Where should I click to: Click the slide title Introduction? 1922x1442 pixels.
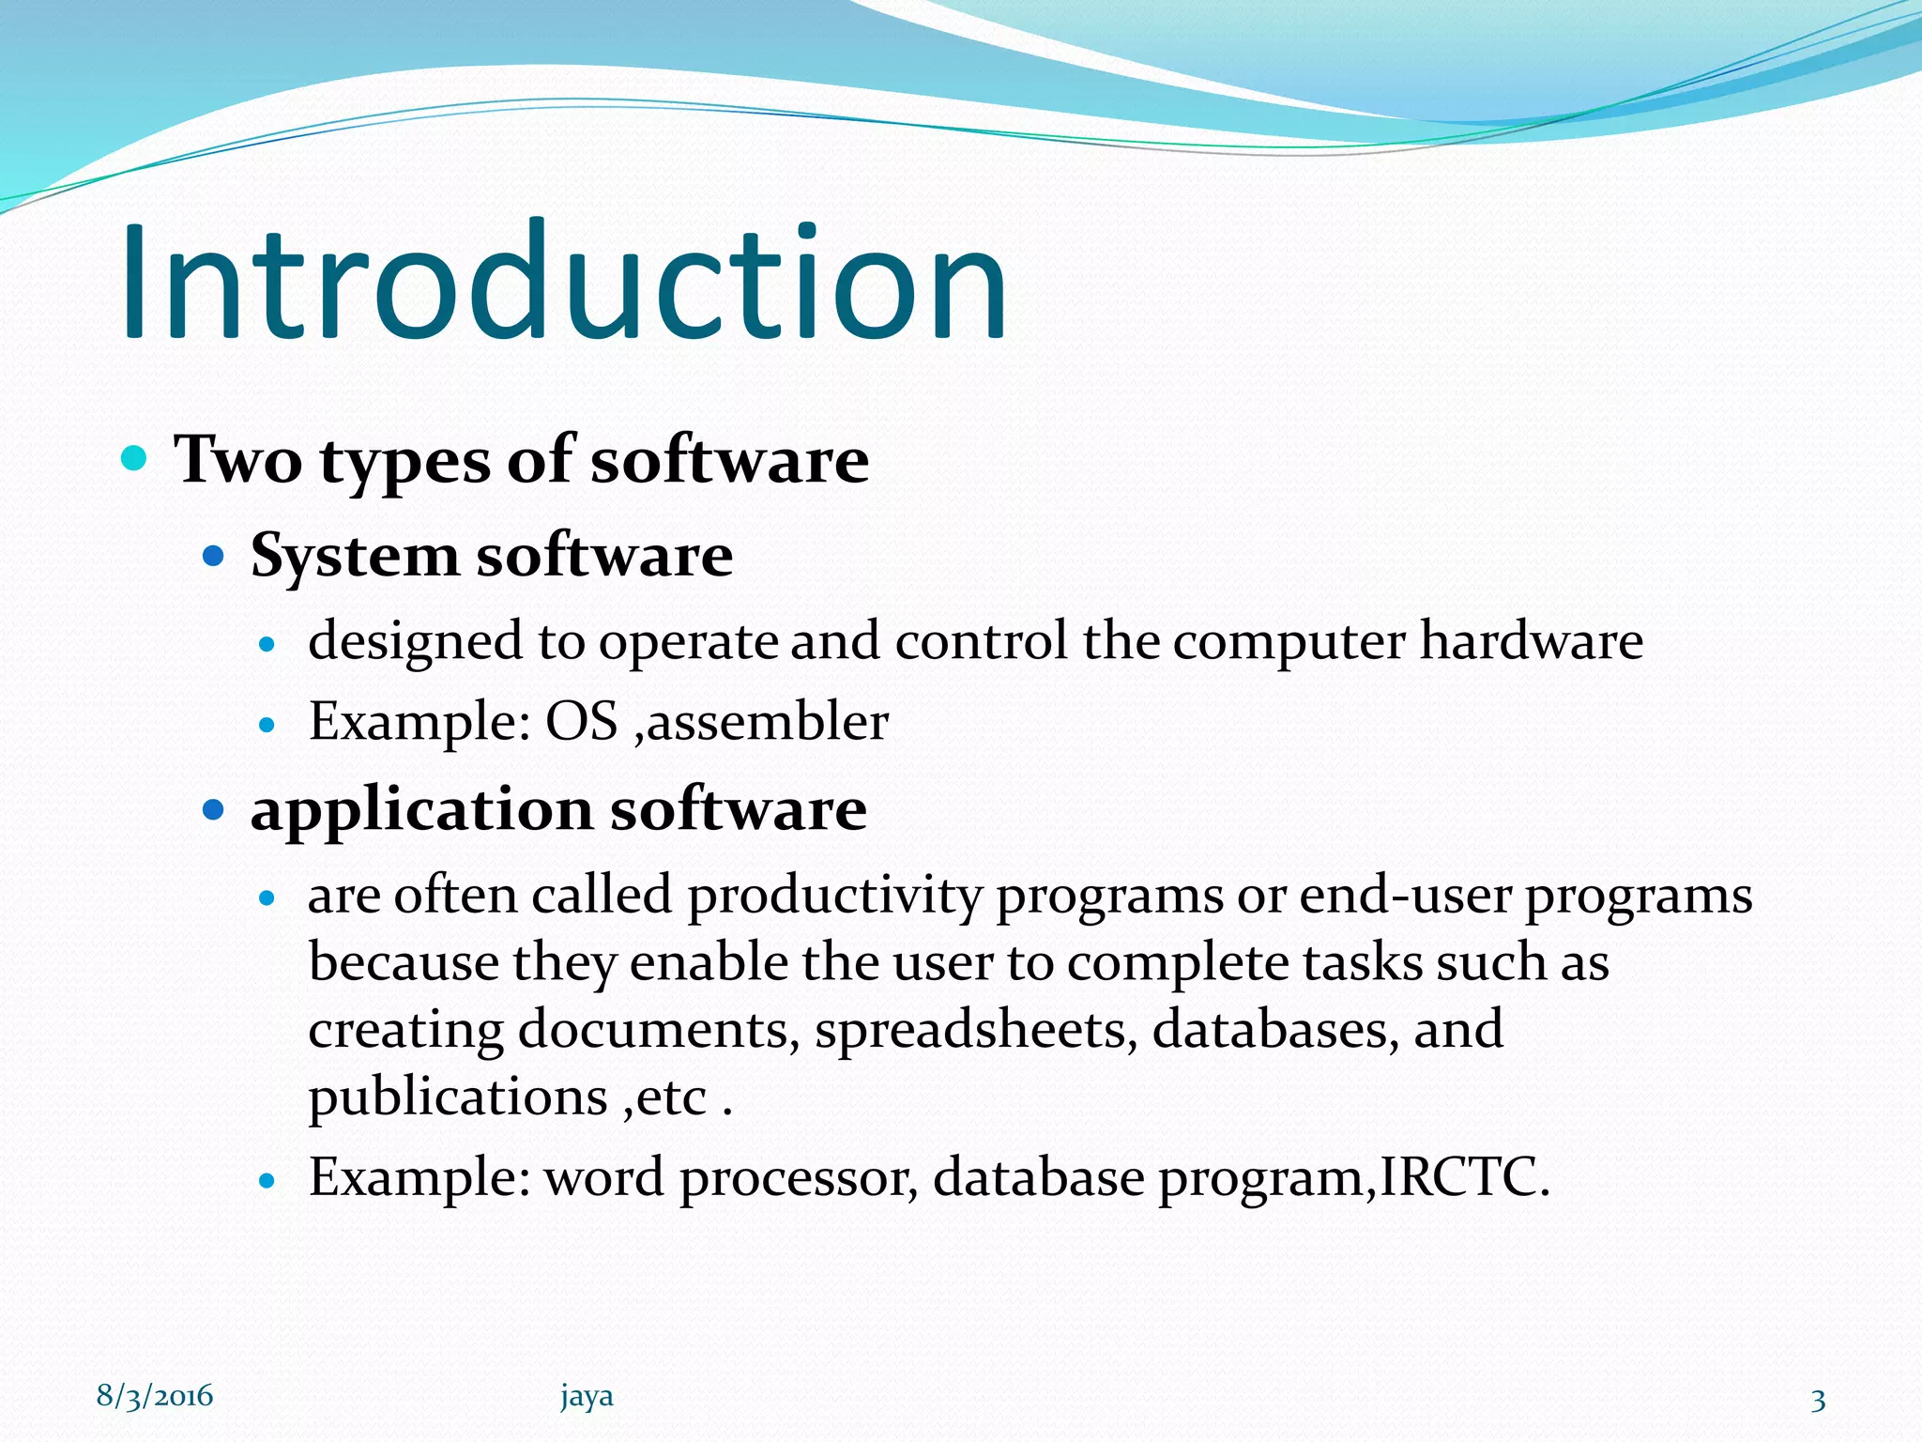[563, 282]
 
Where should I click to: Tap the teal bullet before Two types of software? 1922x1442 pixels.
[135, 458]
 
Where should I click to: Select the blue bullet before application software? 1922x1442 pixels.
[214, 808]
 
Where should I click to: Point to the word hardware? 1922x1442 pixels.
[1531, 640]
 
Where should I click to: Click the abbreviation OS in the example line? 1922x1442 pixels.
[582, 721]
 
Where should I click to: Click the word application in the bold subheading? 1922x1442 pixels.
[420, 809]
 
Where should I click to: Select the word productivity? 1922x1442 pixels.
[833, 896]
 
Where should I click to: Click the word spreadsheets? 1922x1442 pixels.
[976, 1029]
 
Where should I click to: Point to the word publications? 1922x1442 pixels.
[458, 1097]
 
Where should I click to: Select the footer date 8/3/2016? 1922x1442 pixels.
[155, 1396]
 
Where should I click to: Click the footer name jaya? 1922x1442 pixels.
[587, 1396]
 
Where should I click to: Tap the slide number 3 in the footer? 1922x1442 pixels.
[1818, 1400]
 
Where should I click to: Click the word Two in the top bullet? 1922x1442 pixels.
[238, 460]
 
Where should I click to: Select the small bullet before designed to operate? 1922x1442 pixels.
[267, 644]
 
